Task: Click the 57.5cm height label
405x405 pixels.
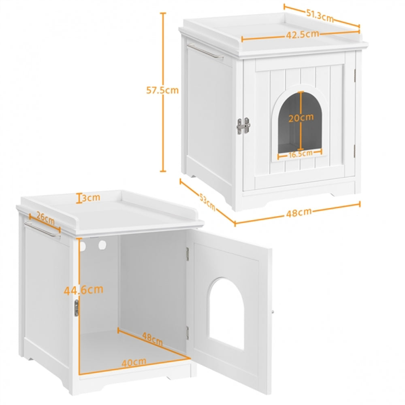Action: click(x=162, y=90)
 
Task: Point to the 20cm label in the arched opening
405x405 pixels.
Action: click(x=301, y=117)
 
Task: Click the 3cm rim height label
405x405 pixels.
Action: click(x=90, y=198)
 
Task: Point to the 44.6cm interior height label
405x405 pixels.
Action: click(x=83, y=290)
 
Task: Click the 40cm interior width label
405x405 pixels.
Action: click(x=134, y=362)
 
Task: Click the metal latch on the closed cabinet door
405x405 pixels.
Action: click(x=243, y=126)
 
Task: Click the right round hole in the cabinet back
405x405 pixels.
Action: click(x=102, y=245)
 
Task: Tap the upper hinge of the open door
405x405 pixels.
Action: click(x=188, y=254)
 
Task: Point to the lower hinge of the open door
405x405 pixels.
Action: click(x=188, y=333)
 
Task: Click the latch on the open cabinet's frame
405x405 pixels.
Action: click(x=76, y=308)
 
